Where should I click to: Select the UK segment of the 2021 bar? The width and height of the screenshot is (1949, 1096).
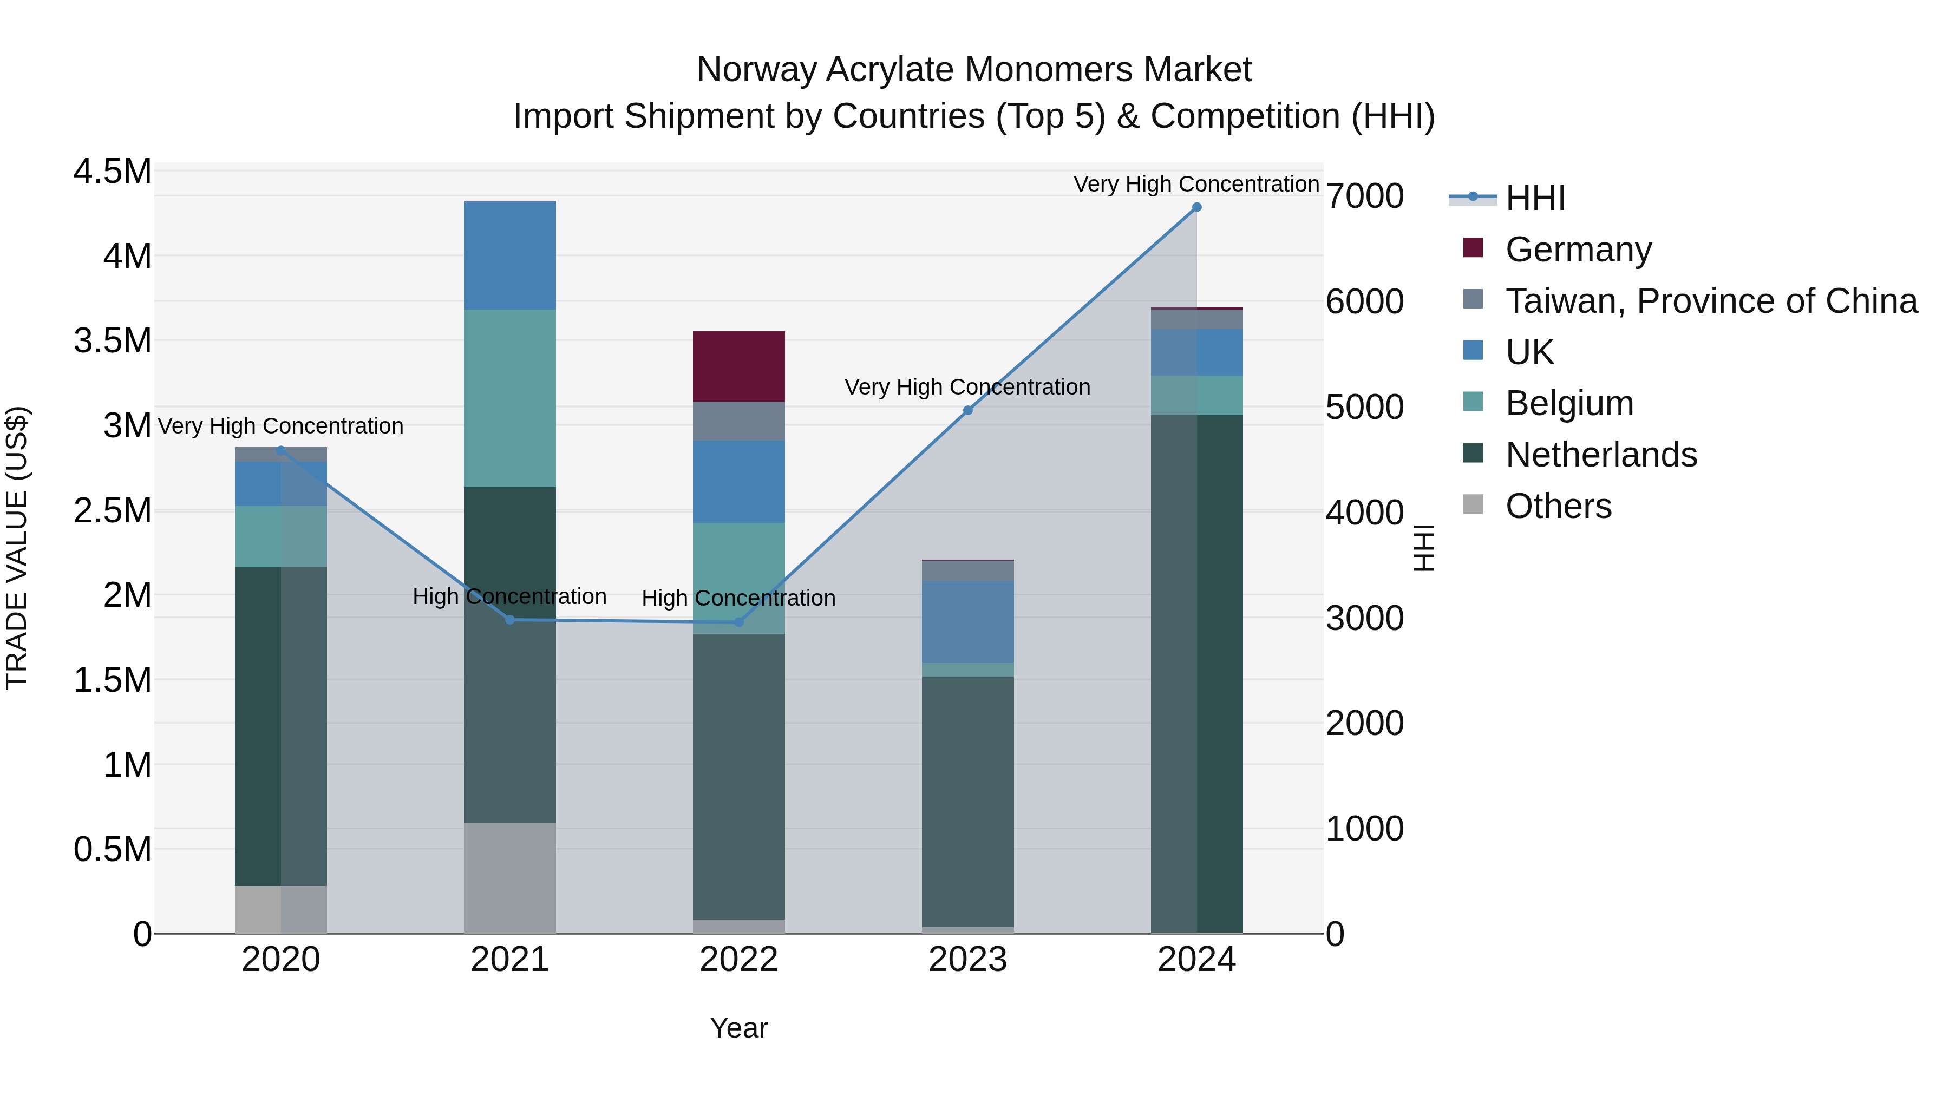tap(509, 255)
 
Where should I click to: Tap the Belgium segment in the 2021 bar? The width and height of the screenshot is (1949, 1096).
tap(509, 398)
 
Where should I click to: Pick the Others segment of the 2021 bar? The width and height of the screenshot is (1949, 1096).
tap(509, 877)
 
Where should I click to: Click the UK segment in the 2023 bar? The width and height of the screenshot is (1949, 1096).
tap(967, 622)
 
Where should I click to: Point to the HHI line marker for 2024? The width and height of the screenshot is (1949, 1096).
tap(1196, 207)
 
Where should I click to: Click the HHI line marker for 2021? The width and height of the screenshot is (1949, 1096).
tap(510, 620)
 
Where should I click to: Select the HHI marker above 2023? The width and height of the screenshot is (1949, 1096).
tap(967, 410)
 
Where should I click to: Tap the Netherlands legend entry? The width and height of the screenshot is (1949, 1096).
tap(1600, 455)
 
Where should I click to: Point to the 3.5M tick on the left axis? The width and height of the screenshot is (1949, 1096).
tap(112, 341)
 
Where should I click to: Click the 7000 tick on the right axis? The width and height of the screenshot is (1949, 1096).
tap(1365, 196)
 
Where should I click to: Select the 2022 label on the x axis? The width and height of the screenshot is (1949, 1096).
tap(738, 960)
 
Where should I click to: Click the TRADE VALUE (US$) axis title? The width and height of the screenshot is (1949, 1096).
tap(17, 548)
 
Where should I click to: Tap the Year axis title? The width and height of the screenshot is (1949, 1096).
tap(738, 1028)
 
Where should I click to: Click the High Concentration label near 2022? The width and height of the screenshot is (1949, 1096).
tap(738, 598)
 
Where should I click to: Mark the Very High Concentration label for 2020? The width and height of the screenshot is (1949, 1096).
tap(280, 426)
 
